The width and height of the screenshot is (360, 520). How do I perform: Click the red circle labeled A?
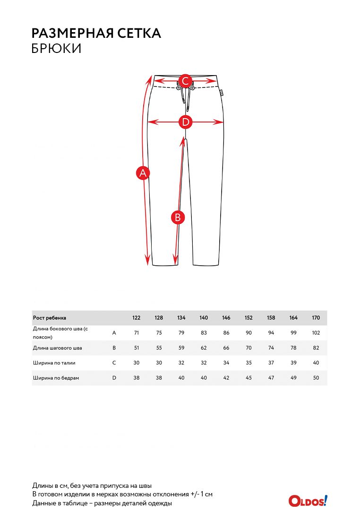click(x=143, y=173)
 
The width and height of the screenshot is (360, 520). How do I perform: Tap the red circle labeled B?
click(x=178, y=217)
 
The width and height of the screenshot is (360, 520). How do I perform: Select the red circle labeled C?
click(x=186, y=81)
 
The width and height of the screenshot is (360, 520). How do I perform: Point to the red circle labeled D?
click(x=186, y=122)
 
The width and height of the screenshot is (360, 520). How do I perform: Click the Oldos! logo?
click(x=308, y=501)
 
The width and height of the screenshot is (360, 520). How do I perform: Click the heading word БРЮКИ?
click(x=56, y=48)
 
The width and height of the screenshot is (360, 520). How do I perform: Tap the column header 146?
click(x=226, y=318)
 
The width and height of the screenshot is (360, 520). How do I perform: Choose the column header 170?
click(x=316, y=318)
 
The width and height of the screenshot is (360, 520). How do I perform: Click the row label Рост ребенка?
click(x=50, y=318)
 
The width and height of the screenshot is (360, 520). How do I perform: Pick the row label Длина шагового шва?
click(x=57, y=348)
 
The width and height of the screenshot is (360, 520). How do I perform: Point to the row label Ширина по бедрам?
click(x=56, y=378)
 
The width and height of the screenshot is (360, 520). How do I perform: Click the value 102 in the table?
click(x=316, y=333)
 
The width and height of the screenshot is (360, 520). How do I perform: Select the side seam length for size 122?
click(x=137, y=333)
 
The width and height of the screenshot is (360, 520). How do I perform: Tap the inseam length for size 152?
click(x=249, y=348)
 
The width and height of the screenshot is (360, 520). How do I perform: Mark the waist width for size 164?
click(x=293, y=363)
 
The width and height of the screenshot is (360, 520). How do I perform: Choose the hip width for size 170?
click(x=316, y=378)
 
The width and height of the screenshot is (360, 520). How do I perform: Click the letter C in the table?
click(x=114, y=363)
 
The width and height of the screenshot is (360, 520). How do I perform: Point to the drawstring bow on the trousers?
click(x=182, y=89)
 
